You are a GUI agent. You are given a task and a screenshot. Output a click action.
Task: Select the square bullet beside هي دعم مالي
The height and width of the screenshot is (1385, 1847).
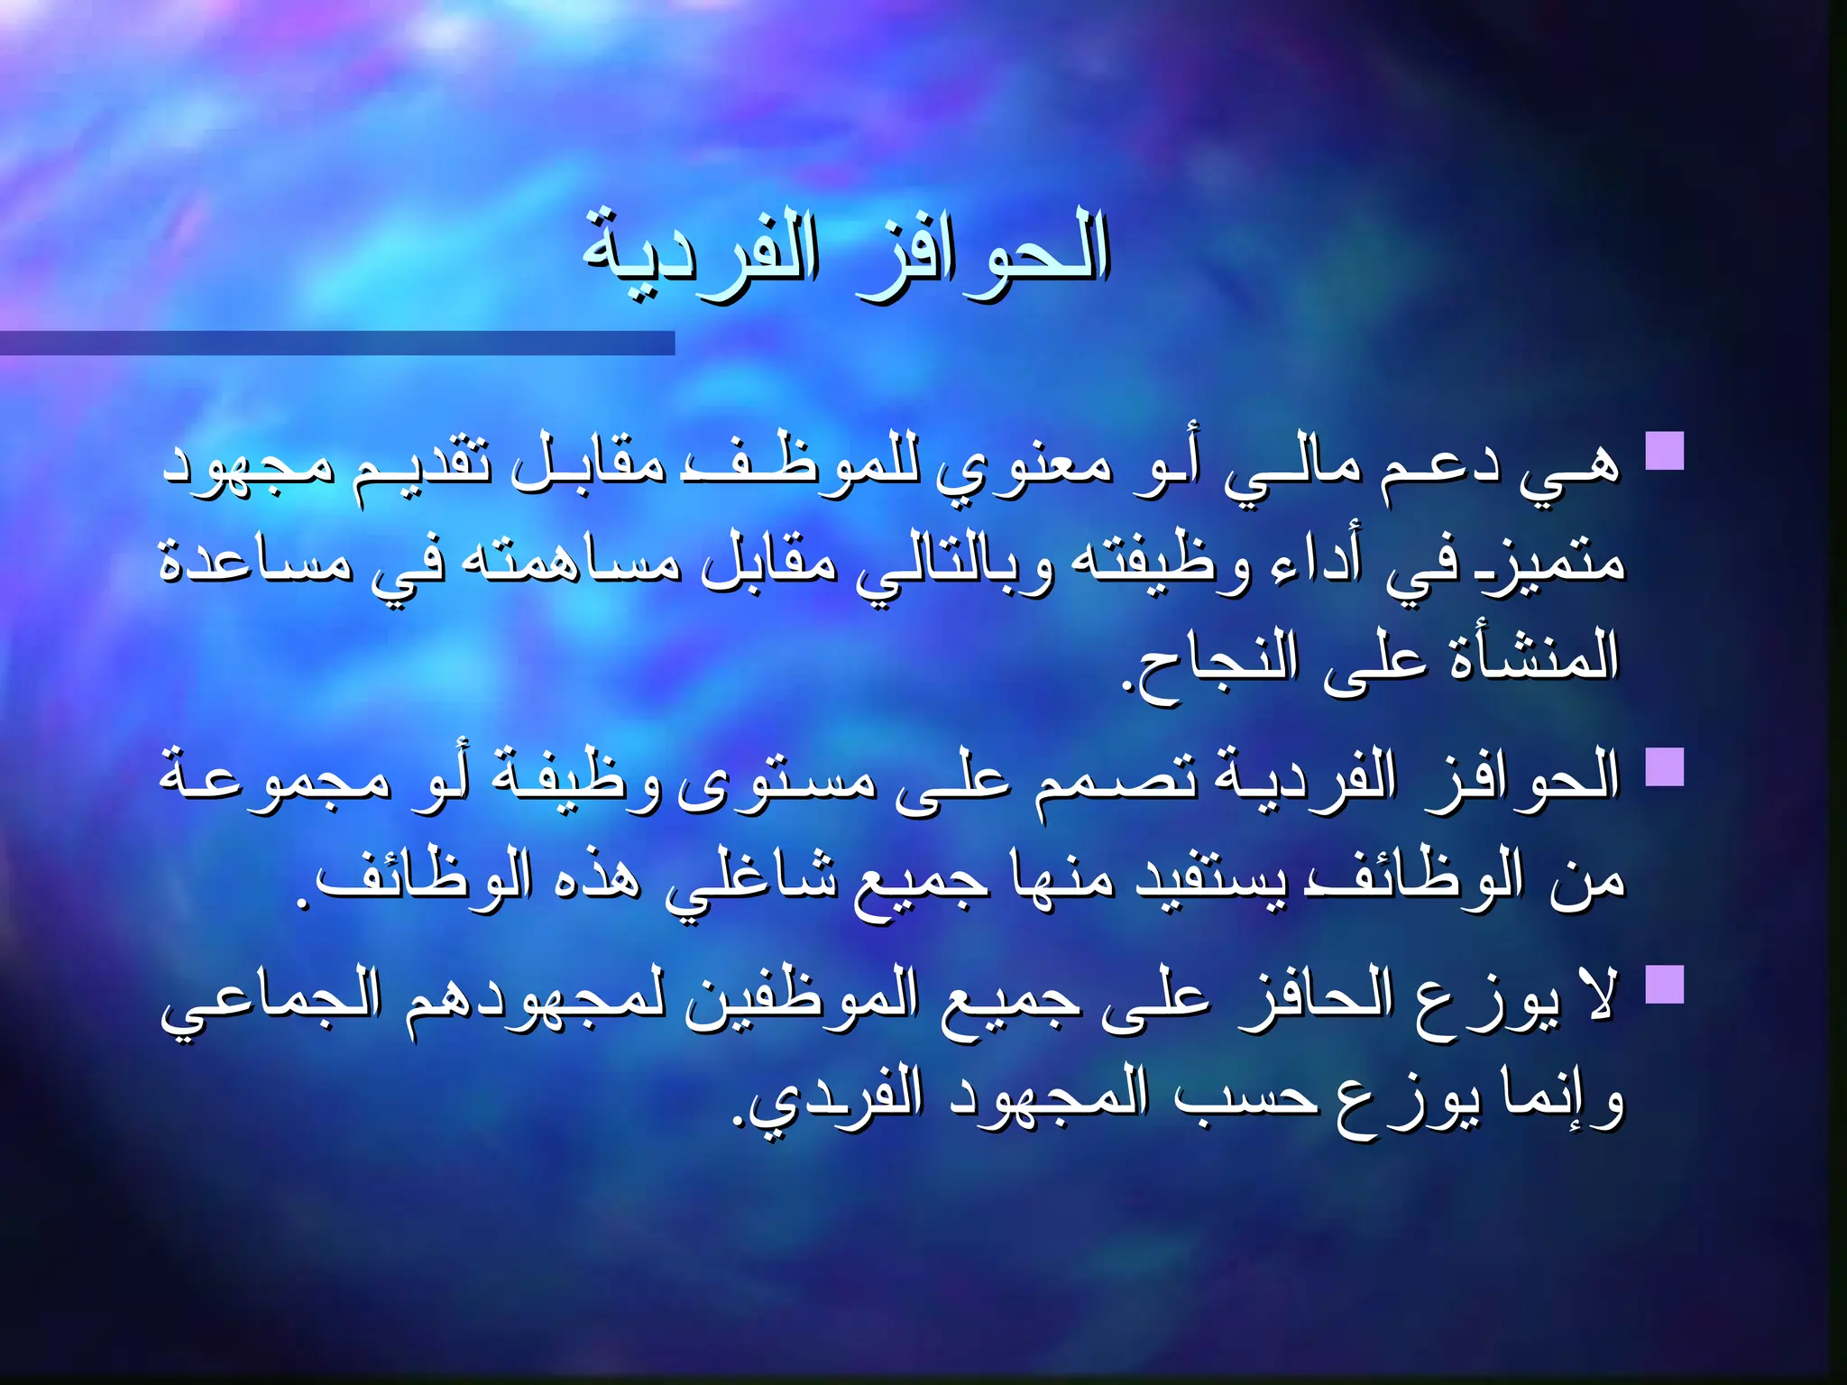click(x=1665, y=451)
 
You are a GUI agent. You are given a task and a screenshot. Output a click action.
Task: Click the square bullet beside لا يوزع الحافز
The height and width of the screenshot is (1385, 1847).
click(x=1665, y=985)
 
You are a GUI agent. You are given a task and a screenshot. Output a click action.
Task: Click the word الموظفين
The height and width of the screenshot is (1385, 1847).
click(x=803, y=1001)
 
